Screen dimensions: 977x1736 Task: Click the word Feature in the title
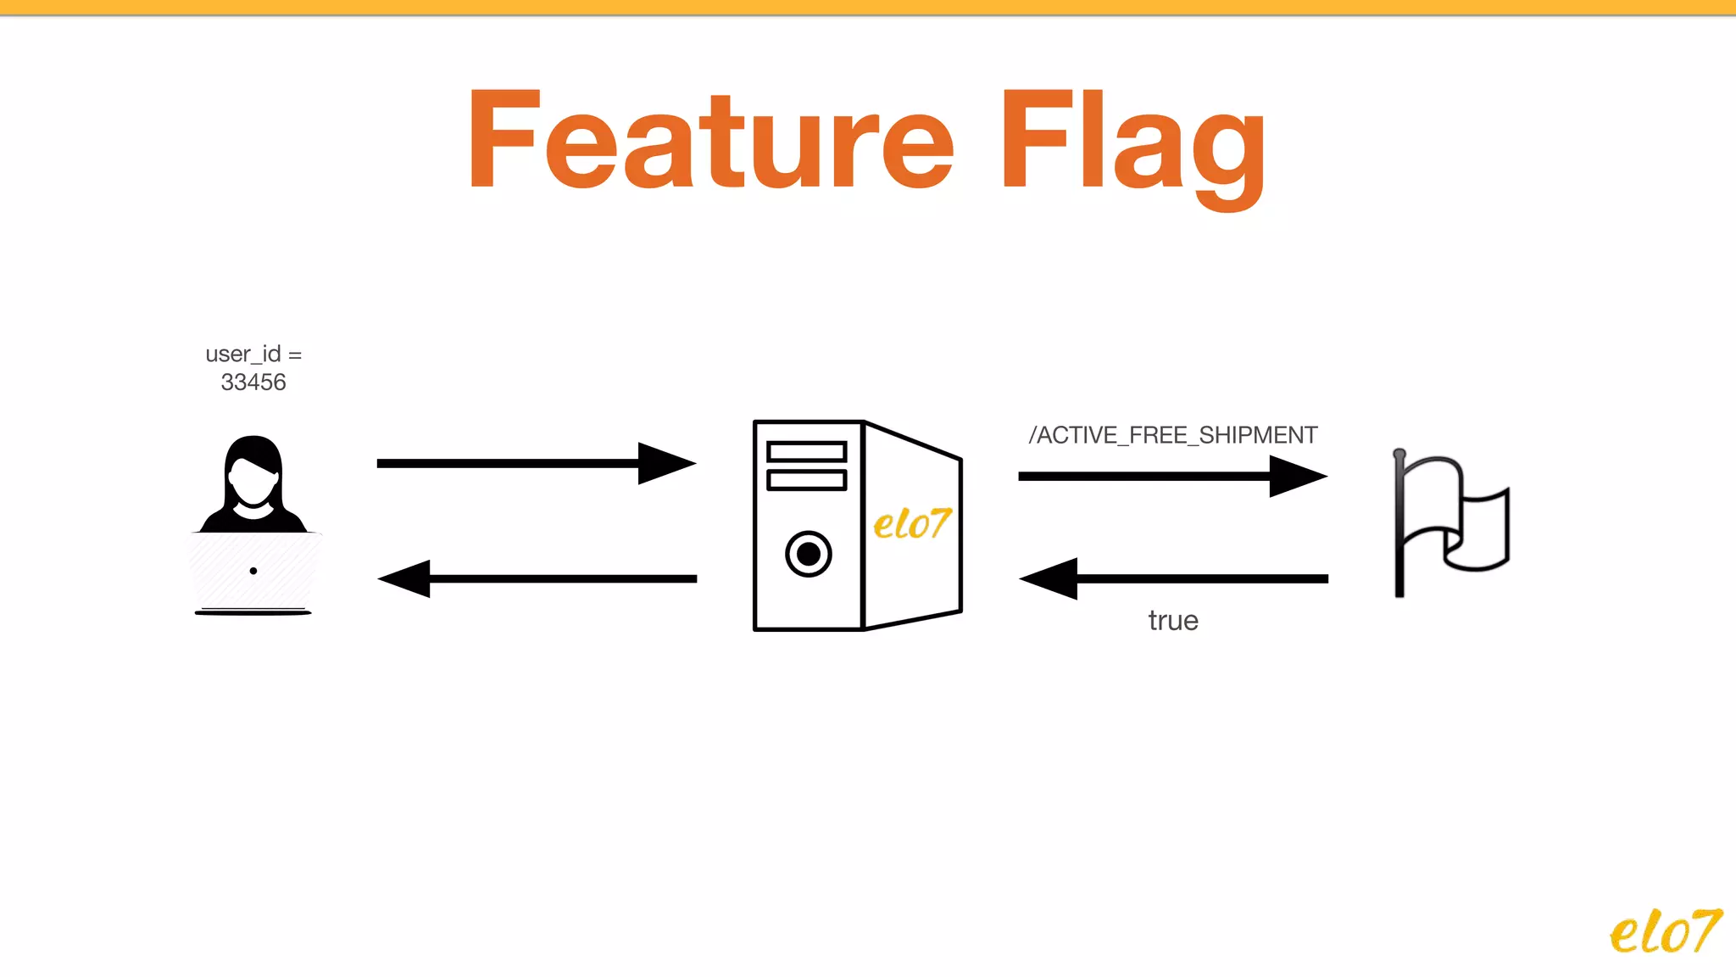click(710, 141)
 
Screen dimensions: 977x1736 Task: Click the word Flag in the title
click(1132, 144)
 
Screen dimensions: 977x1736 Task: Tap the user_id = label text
click(253, 354)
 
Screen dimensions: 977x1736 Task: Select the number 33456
click(253, 382)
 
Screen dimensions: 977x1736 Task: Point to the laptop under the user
click(253, 572)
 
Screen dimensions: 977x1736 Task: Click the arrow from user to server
click(536, 463)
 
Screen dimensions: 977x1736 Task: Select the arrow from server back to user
click(536, 578)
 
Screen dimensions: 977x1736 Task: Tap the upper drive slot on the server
click(806, 451)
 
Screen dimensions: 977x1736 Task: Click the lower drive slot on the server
click(806, 480)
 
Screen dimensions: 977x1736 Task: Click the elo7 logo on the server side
click(912, 524)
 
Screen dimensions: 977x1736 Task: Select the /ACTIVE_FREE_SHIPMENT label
click(1172, 435)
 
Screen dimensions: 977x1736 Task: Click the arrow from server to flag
click(1172, 476)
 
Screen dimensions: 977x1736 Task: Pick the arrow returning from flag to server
click(1172, 578)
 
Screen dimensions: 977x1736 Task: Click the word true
click(1172, 621)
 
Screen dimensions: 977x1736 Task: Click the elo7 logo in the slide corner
click(1665, 932)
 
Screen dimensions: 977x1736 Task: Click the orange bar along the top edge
click(868, 7)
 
